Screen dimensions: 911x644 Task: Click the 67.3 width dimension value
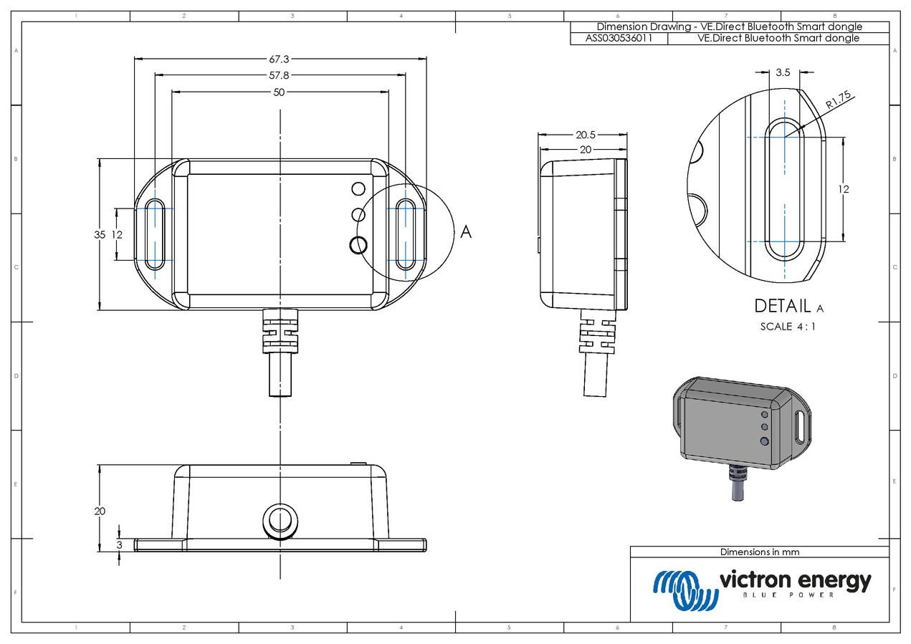pos(279,59)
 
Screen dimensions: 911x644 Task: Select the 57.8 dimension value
pos(279,75)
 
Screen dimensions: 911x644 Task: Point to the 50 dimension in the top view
pos(279,92)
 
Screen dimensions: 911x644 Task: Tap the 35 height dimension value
pos(100,234)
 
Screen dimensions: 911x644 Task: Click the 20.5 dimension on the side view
pos(586,135)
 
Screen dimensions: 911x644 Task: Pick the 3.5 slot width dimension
pos(783,72)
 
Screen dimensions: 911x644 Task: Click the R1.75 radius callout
pos(838,100)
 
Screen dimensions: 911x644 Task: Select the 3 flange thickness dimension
pos(119,545)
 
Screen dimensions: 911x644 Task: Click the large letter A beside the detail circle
pos(466,232)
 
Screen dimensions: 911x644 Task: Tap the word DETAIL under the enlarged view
pos(783,306)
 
